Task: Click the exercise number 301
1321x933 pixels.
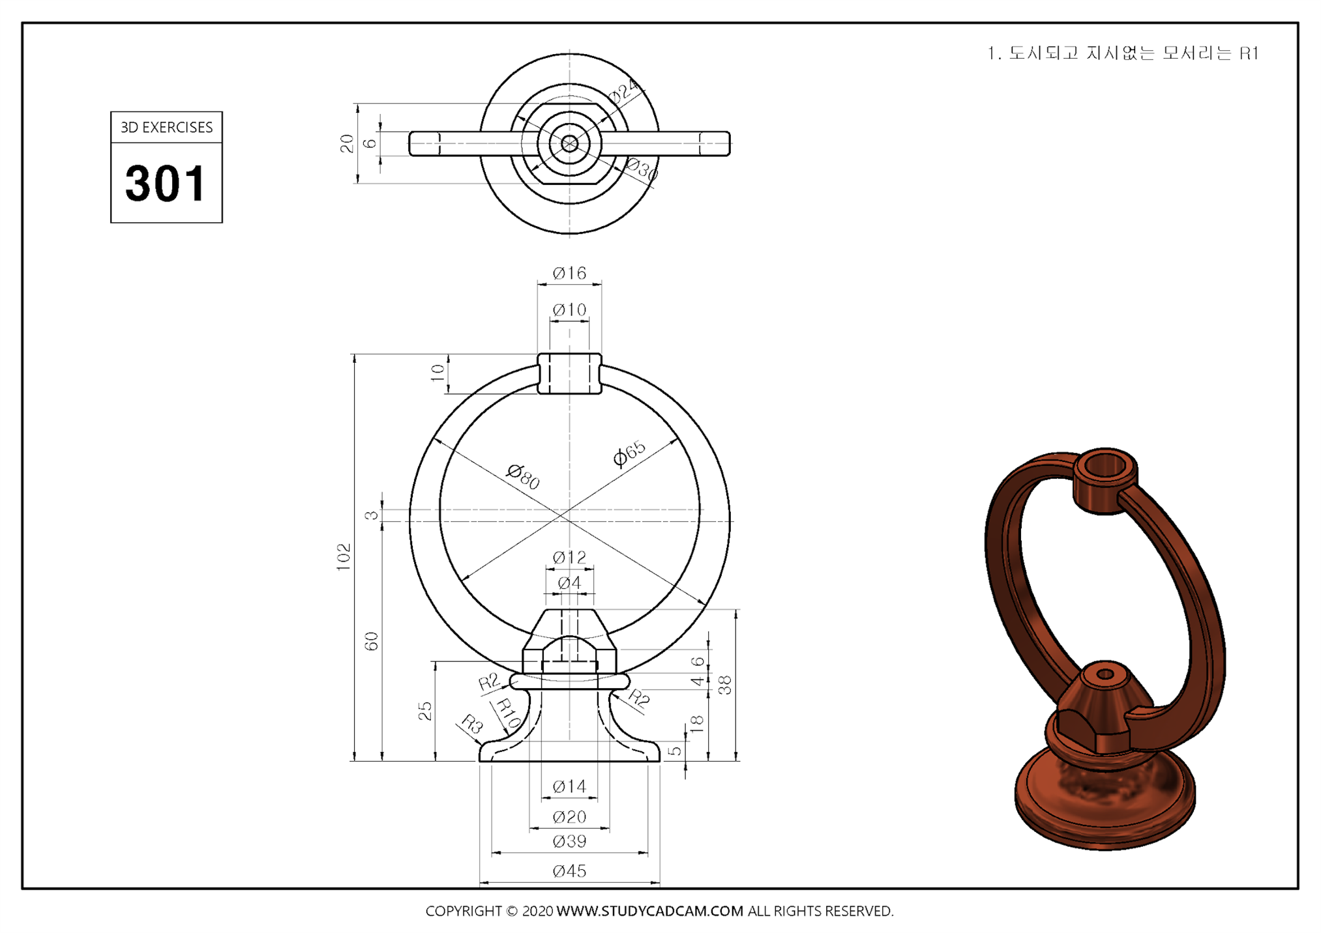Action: click(x=166, y=183)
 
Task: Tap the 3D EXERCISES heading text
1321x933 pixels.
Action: click(x=166, y=127)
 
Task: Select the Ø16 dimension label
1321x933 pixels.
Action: click(x=569, y=273)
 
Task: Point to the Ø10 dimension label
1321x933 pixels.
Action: click(x=569, y=309)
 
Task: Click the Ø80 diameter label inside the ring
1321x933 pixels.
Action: click(x=524, y=476)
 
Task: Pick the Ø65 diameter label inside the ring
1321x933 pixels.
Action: click(x=629, y=453)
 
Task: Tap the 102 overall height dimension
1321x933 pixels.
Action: click(x=344, y=557)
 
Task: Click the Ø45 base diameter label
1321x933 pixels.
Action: click(x=569, y=871)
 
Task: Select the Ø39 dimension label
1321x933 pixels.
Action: click(x=569, y=841)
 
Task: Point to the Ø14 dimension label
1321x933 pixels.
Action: click(x=569, y=786)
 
